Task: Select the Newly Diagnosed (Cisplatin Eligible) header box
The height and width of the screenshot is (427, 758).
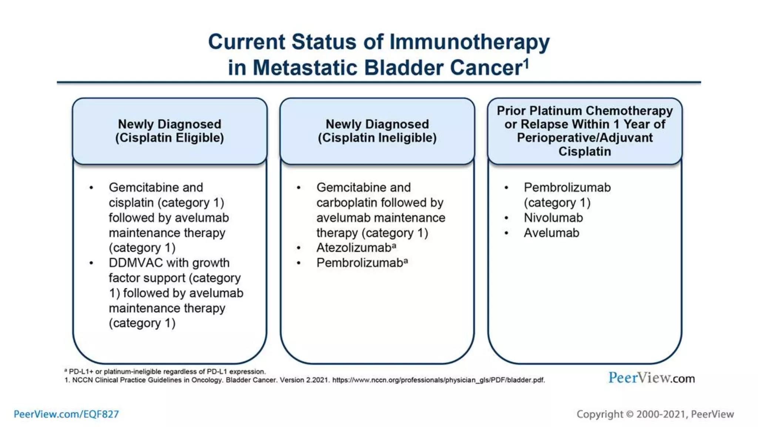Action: pos(170,131)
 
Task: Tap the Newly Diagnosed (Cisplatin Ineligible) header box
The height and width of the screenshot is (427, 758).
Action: pos(377,131)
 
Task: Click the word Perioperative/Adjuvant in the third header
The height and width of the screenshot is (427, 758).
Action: pos(584,138)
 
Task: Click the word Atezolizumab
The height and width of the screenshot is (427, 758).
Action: pos(353,248)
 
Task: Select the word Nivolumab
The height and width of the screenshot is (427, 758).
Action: pos(553,218)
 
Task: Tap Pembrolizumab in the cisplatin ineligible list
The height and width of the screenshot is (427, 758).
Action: pos(359,263)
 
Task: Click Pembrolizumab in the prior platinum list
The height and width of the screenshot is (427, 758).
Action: pos(567,188)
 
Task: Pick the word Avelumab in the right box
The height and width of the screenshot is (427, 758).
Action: pos(551,233)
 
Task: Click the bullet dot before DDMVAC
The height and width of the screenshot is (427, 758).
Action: pos(91,263)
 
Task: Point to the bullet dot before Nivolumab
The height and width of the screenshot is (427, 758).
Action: pos(506,218)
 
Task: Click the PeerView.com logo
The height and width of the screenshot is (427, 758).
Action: pos(651,378)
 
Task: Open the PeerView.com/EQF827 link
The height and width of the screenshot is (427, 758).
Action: pos(66,414)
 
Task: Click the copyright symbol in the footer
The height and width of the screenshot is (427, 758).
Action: pos(630,414)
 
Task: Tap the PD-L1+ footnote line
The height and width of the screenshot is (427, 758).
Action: pos(165,371)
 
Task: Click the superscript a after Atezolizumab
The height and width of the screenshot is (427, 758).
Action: pos(394,245)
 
